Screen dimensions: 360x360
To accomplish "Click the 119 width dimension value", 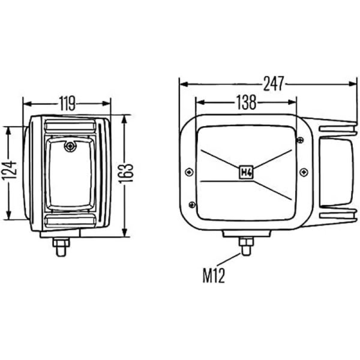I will [x=67, y=104].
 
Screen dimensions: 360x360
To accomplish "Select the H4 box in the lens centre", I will [x=245, y=172].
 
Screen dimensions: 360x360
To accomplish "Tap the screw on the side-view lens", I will [x=71, y=146].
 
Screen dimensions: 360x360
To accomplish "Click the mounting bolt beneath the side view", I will [x=61, y=245].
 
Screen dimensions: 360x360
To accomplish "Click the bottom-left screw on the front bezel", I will [x=192, y=204].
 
